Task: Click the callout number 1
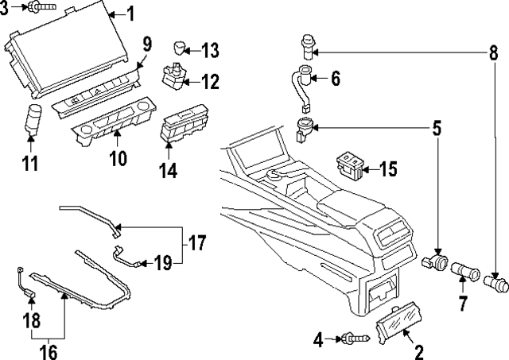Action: click(131, 13)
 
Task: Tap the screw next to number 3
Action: click(38, 8)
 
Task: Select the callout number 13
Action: click(209, 51)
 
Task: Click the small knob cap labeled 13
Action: click(182, 45)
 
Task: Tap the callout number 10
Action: click(117, 158)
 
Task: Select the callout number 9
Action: click(146, 43)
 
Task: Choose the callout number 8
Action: click(494, 53)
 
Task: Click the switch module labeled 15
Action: click(351, 163)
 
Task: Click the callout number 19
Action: click(163, 262)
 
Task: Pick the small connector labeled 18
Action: click(30, 298)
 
